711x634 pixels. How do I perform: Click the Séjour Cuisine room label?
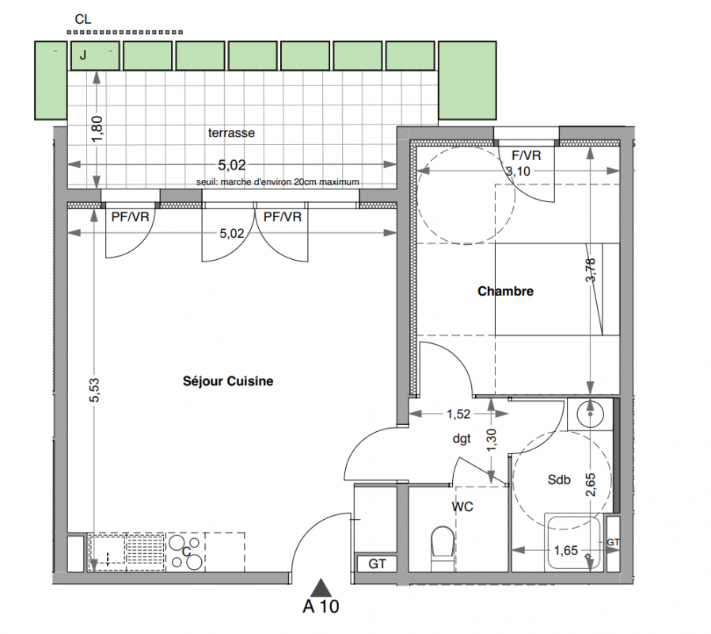tap(228, 381)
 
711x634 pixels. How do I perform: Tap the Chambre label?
tap(506, 291)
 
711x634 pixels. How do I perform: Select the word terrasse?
tap(231, 133)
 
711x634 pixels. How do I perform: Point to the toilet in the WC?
tap(442, 547)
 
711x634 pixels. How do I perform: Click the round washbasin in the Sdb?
tap(590, 414)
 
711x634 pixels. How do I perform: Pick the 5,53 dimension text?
tap(94, 390)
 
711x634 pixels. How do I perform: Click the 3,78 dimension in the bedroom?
tap(590, 270)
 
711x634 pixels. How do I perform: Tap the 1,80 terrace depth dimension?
tap(97, 129)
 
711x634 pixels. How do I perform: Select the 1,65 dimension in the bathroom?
tap(566, 551)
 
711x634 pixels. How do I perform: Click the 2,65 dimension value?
tap(591, 485)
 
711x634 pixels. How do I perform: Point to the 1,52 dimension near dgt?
tap(458, 414)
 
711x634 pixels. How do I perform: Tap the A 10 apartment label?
tap(321, 606)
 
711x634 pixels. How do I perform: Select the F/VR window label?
tap(527, 155)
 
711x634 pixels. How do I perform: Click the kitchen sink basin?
tap(108, 551)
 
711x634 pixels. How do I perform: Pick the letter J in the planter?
tap(83, 55)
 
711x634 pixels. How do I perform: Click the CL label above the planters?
tap(83, 19)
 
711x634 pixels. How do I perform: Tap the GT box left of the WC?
tap(377, 563)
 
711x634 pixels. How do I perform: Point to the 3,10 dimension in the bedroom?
tap(518, 171)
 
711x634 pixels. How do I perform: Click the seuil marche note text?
tap(277, 182)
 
